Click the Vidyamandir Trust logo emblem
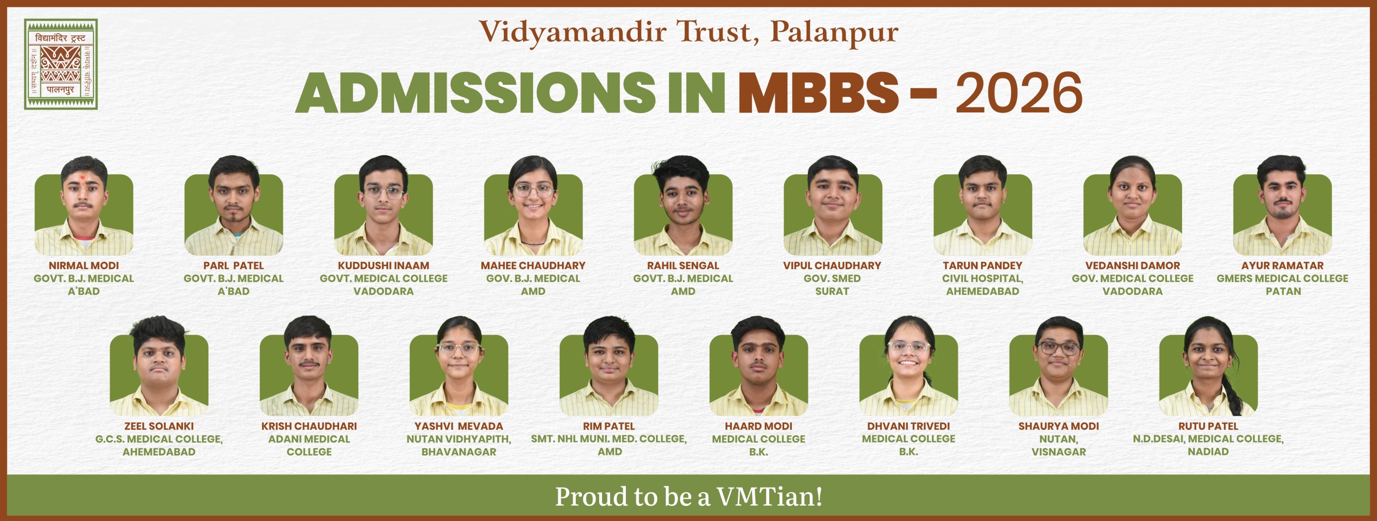pos(61,64)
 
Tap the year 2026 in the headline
pos(1019,93)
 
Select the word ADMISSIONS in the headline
pos(475,93)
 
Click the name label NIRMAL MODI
pos(84,265)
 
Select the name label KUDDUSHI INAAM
pos(383,265)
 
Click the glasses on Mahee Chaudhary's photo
pos(533,190)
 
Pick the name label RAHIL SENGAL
pos(683,265)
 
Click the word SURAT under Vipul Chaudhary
pos(832,291)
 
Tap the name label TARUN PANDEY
pos(982,265)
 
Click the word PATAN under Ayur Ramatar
pos(1283,291)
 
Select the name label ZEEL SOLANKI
pos(159,426)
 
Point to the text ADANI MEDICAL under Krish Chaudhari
pos(309,439)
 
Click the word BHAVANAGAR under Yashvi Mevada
pos(459,452)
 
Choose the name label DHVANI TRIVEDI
pos(908,426)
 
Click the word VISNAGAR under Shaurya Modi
pos(1059,452)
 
